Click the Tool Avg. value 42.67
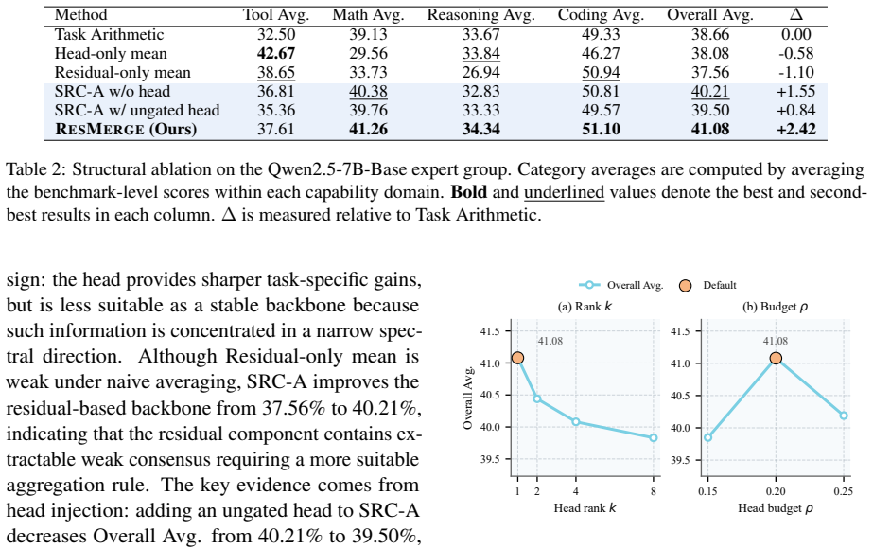(x=276, y=54)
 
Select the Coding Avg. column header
(x=601, y=15)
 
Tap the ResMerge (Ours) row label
(x=126, y=130)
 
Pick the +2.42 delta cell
(x=796, y=130)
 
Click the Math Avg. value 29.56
(x=369, y=54)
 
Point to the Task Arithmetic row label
(x=109, y=35)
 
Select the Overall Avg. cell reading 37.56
(x=710, y=73)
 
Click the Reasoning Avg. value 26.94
(x=481, y=73)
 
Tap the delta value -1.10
(x=796, y=73)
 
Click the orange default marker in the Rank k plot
(x=517, y=358)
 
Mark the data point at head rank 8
(x=653, y=437)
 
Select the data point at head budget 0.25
(x=844, y=416)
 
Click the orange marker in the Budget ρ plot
(x=776, y=358)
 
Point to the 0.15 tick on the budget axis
(x=707, y=491)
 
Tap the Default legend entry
(x=707, y=285)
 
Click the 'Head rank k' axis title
(x=585, y=507)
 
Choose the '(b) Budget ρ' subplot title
(x=776, y=307)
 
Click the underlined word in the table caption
(x=564, y=192)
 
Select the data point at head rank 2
(x=536, y=398)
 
